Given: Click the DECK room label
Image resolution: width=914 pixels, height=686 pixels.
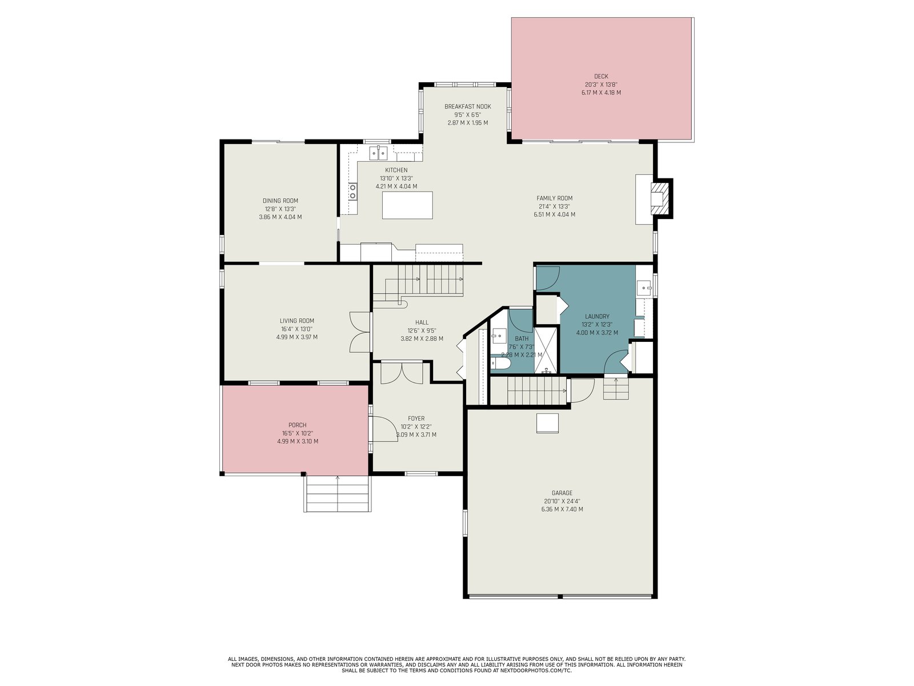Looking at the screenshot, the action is coord(601,76).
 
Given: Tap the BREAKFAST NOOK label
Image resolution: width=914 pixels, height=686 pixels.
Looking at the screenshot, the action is coord(468,107).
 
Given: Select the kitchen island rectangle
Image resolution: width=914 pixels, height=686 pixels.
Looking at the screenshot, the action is coord(407,205).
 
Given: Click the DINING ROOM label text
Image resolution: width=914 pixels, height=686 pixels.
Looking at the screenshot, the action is coord(280,201).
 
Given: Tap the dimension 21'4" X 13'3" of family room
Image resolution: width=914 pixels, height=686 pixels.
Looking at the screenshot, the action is coord(554,206).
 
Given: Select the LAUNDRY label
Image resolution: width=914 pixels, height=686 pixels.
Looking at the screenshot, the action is coord(597,316).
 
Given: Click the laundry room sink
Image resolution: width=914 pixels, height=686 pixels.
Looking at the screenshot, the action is coord(644,287).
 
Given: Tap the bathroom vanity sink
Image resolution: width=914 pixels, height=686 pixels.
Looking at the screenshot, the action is coord(498,336).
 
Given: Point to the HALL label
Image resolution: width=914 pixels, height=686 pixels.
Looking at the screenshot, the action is coord(422,322).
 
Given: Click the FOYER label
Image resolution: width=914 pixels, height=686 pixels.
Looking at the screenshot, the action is coord(416,418).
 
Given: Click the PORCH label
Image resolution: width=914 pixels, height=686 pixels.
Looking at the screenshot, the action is coord(297,425).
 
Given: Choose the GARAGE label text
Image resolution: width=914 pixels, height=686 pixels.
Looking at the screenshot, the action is coord(562,493).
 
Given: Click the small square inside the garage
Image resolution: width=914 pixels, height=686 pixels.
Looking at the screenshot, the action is coord(547,423).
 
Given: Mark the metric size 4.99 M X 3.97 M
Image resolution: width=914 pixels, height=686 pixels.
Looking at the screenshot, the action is coord(297,337).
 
